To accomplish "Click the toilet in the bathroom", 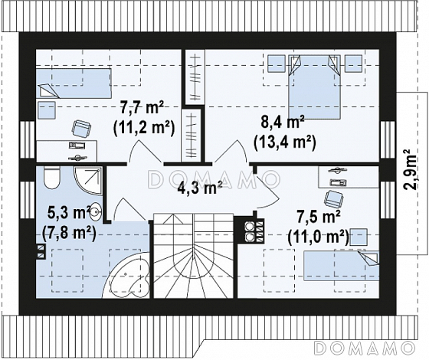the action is (51, 178).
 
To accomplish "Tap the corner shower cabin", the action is (88, 181).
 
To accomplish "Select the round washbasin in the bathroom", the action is (97, 210).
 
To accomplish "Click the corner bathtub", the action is (127, 276).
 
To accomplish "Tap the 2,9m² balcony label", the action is (410, 169).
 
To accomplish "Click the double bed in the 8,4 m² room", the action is (314, 87).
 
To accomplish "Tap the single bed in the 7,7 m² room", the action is (74, 83).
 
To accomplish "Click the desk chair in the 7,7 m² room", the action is (81, 128).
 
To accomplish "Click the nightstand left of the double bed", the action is (277, 64).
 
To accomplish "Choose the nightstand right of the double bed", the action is (353, 64).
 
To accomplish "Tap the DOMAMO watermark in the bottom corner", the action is (362, 349).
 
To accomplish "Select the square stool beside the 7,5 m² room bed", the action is (359, 237).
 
